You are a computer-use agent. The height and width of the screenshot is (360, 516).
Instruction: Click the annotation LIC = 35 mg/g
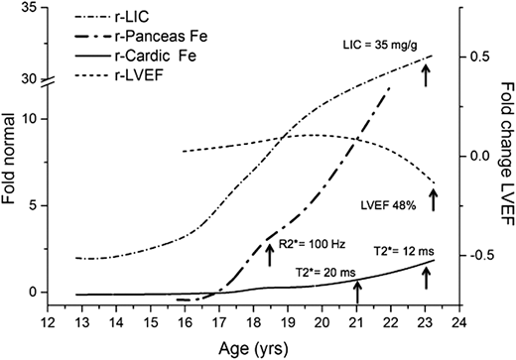point(376,44)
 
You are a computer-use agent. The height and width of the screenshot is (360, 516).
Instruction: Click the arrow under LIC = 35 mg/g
point(427,72)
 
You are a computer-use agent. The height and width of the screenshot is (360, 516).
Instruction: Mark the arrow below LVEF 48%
point(433,199)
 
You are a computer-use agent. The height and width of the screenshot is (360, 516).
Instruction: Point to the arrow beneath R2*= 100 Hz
point(269,253)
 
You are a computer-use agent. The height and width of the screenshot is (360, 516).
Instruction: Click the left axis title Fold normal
point(11,165)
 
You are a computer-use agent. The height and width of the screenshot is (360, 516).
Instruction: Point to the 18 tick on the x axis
point(252,324)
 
